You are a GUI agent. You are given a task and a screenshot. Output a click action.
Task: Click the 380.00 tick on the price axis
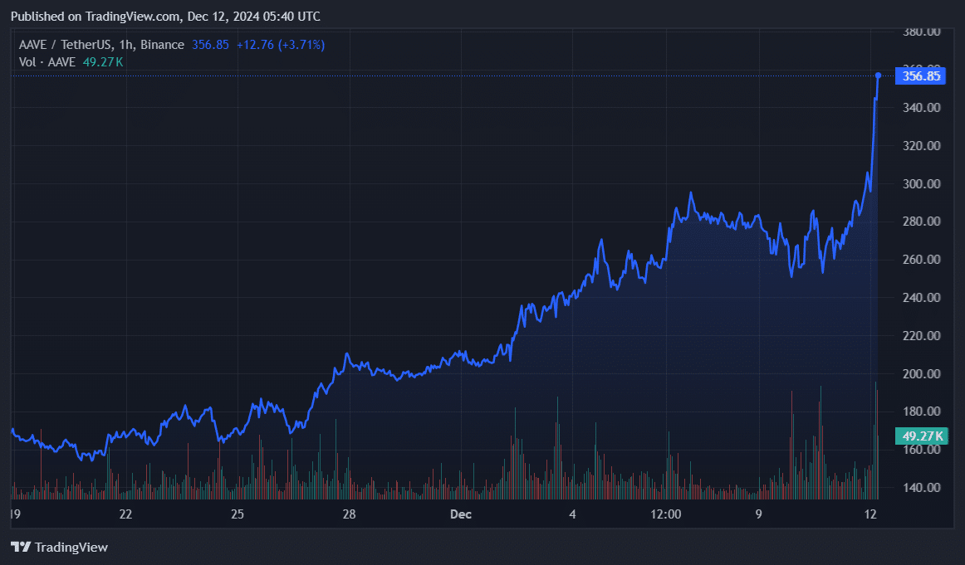[922, 32]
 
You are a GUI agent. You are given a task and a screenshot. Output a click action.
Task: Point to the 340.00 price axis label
[922, 108]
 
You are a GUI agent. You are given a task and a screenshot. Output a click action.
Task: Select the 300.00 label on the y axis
[922, 184]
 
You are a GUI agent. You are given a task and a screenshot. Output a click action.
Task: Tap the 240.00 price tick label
[922, 298]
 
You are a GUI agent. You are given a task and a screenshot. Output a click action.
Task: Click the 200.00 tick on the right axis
[922, 374]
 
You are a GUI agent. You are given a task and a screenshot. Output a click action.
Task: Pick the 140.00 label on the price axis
[922, 488]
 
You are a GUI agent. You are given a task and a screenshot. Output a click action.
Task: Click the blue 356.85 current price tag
[921, 76]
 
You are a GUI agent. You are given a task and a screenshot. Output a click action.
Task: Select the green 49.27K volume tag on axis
[921, 436]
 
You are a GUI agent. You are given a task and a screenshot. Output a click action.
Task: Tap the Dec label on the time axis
[460, 514]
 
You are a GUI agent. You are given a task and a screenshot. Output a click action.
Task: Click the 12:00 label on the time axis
[666, 514]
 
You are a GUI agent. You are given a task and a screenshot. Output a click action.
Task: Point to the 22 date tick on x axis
[125, 514]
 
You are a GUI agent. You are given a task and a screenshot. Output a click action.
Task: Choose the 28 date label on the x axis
[349, 514]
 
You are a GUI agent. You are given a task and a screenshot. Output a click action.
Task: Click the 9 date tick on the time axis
[758, 514]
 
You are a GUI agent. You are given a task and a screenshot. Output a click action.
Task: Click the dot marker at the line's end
[878, 75]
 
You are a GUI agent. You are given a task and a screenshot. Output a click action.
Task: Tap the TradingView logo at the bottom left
[59, 547]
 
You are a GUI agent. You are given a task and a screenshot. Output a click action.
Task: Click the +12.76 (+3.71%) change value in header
[280, 44]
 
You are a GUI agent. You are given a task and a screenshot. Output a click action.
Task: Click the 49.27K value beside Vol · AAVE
[102, 61]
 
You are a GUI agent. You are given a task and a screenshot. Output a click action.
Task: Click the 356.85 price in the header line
[210, 44]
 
